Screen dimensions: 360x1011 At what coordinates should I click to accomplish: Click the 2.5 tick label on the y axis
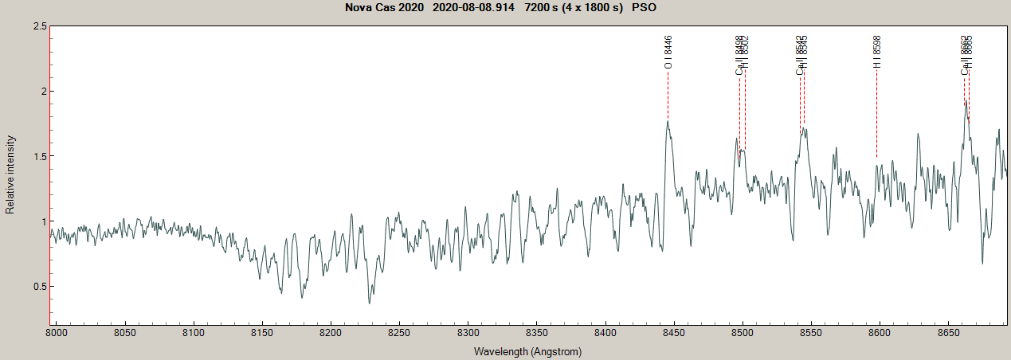37,26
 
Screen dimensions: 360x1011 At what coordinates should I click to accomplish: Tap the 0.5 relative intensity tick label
37,287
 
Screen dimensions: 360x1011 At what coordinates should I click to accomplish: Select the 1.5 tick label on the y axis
37,156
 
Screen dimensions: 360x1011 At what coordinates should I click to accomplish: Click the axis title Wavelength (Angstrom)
527,351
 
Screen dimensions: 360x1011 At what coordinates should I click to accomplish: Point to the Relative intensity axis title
10,174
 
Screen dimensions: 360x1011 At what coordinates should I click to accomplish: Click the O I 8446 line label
668,52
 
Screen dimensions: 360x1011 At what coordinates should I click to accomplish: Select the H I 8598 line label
877,52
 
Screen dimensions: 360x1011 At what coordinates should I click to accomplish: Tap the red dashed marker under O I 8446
668,96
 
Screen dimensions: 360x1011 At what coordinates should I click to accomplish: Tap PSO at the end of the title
644,8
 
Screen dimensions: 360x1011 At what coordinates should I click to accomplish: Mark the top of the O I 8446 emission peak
668,121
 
